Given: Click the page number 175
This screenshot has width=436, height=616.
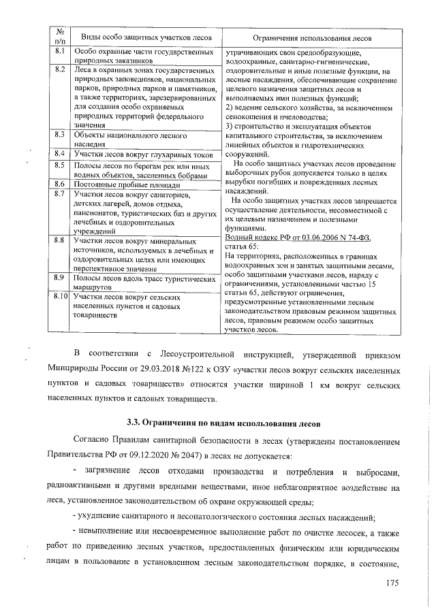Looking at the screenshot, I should (x=390, y=583).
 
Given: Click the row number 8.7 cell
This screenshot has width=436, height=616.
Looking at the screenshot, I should (x=59, y=194).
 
